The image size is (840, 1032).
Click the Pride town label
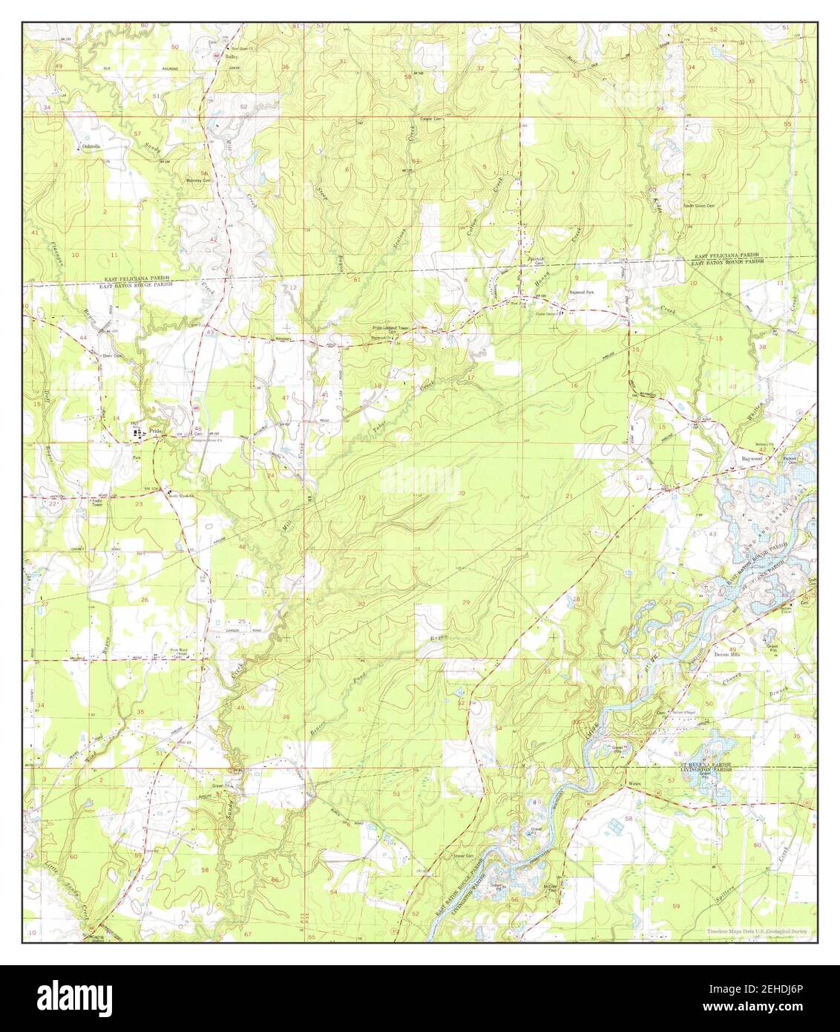coord(155,431)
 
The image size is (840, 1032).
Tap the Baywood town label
coord(752,459)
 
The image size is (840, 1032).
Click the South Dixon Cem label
coord(698,206)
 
